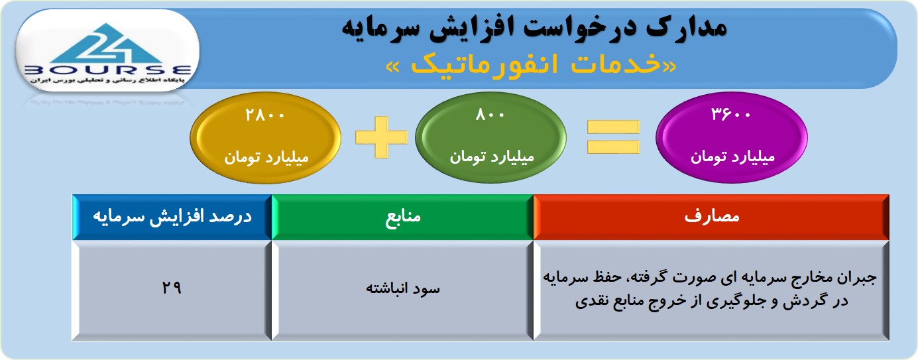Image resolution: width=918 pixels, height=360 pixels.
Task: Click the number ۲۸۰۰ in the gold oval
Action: (x=264, y=115)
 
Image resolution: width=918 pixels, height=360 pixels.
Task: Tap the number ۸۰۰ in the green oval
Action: (x=490, y=115)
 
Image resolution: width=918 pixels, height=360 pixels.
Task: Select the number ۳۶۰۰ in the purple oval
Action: (x=730, y=114)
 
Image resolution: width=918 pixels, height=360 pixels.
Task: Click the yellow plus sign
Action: (x=381, y=137)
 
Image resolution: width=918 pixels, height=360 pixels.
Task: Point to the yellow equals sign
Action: (x=613, y=137)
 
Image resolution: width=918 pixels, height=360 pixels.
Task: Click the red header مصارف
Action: (x=711, y=217)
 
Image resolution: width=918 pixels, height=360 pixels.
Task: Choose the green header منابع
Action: (x=403, y=217)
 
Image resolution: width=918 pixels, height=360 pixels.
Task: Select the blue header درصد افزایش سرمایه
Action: (x=172, y=217)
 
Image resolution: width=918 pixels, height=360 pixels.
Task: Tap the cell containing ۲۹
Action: (x=172, y=288)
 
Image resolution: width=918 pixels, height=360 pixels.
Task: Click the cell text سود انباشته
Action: (x=403, y=288)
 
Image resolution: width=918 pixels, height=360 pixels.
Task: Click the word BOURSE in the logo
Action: (x=108, y=70)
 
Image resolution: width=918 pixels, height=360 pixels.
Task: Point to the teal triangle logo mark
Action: (x=107, y=43)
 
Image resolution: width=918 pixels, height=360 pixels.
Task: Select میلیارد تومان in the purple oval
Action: (x=732, y=157)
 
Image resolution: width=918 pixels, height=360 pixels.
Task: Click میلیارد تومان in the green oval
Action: (x=492, y=157)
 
